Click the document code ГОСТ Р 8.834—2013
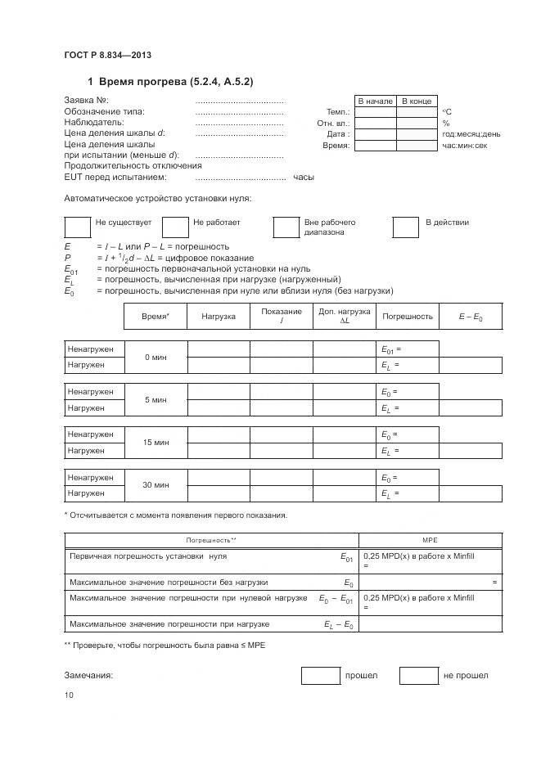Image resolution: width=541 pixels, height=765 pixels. pyautogui.click(x=107, y=56)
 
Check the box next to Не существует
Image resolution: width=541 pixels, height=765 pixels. pyautogui.click(x=77, y=227)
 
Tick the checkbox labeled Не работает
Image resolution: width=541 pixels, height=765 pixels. pyautogui.click(x=175, y=227)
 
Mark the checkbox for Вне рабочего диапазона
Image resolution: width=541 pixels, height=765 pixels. pyautogui.click(x=286, y=227)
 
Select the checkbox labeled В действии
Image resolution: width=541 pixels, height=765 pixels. pyautogui.click(x=406, y=227)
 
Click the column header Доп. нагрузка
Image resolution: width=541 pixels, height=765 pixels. pyautogui.click(x=344, y=316)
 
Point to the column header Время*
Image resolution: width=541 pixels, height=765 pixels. pyautogui.click(x=156, y=316)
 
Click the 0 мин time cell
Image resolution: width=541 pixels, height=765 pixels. pyautogui.click(x=156, y=357)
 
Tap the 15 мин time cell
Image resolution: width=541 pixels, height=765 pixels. pyautogui.click(x=156, y=443)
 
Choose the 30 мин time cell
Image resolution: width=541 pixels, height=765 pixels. pyautogui.click(x=156, y=485)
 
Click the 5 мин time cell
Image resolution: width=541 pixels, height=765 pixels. pyautogui.click(x=156, y=400)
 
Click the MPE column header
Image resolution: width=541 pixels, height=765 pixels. pyautogui.click(x=430, y=541)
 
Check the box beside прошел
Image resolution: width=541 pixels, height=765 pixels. pyautogui.click(x=320, y=675)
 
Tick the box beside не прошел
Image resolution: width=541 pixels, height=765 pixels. pyautogui.click(x=418, y=675)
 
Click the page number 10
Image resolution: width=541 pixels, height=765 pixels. pyautogui.click(x=69, y=695)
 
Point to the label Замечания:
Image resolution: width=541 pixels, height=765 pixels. pyautogui.click(x=88, y=675)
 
